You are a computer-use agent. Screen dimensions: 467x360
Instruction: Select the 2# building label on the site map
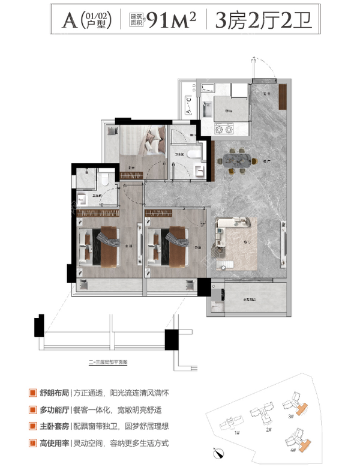[268, 431]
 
